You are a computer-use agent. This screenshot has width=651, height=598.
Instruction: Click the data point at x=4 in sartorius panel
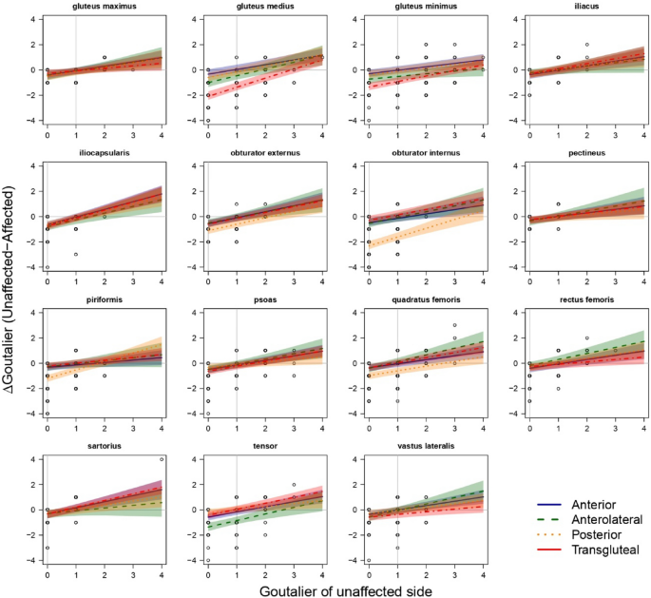tap(162, 459)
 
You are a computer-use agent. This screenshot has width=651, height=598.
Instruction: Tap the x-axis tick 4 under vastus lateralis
tap(483, 573)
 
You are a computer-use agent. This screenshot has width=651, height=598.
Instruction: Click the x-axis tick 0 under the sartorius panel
tap(48, 573)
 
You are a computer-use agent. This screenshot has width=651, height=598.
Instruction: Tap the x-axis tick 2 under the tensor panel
tap(265, 573)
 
